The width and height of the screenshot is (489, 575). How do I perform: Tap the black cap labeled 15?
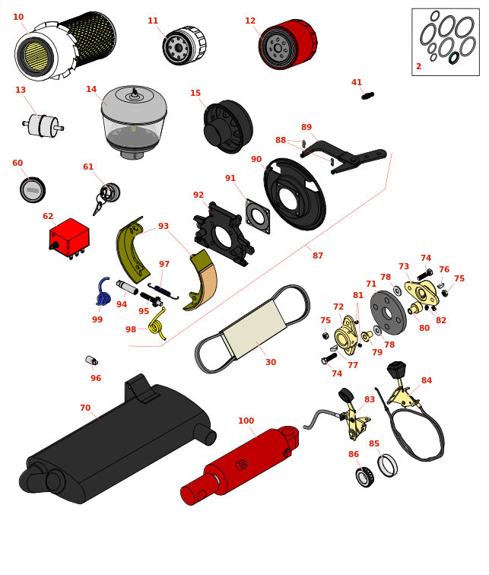(227, 126)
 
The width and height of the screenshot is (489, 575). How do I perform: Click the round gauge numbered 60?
(33, 189)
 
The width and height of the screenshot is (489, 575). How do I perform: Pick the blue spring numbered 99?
(103, 291)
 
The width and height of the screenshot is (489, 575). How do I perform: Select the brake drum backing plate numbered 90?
(294, 194)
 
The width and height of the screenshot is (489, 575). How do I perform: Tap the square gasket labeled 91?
(258, 217)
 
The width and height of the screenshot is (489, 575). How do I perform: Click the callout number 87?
(318, 256)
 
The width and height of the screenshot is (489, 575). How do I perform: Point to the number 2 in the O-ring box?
(418, 67)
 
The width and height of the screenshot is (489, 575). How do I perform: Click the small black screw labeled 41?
(367, 96)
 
